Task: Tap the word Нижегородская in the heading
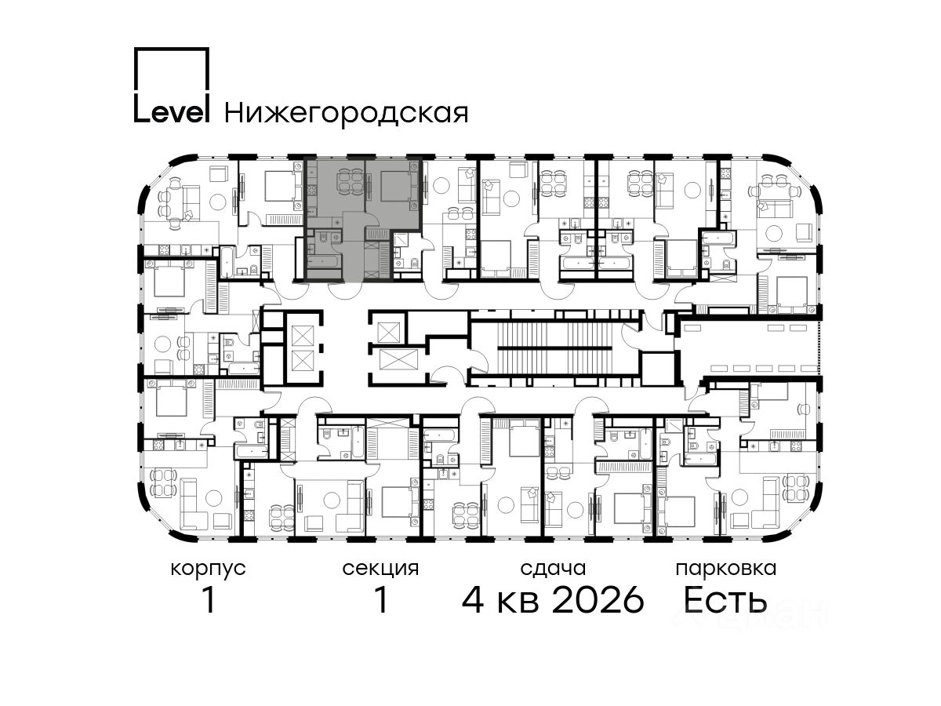[347, 114]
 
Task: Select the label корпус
[208, 569]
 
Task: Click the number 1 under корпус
[209, 600]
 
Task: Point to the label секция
[380, 569]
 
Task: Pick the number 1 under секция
[381, 600]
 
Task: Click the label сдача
[553, 569]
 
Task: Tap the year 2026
[598, 600]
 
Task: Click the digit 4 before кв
[473, 600]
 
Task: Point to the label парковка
[726, 569]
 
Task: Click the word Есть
[725, 600]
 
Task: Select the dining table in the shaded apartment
[351, 182]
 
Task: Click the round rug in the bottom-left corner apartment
[213, 497]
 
